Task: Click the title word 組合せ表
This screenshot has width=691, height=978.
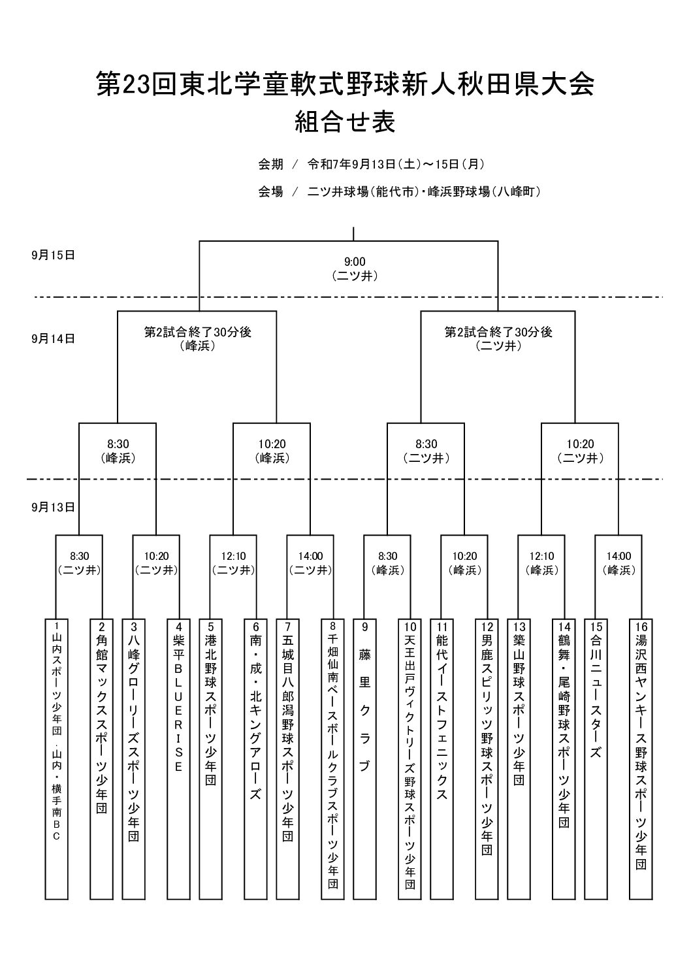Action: tap(345, 122)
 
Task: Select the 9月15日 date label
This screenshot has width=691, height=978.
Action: tap(54, 255)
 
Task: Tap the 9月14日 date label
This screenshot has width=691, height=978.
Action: tap(54, 339)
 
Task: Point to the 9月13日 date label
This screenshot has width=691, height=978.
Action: tap(54, 508)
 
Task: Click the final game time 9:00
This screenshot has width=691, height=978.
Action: tap(355, 262)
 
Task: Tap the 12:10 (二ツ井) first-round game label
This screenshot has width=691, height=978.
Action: tap(234, 563)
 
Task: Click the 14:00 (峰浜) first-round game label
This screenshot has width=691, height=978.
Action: tap(619, 563)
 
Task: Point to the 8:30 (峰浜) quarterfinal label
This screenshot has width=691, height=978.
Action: tap(118, 451)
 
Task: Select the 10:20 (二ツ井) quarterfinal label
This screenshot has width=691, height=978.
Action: tap(580, 451)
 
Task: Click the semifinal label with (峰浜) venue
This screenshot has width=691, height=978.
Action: tap(198, 339)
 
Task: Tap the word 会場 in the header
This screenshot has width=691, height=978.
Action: tap(270, 191)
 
